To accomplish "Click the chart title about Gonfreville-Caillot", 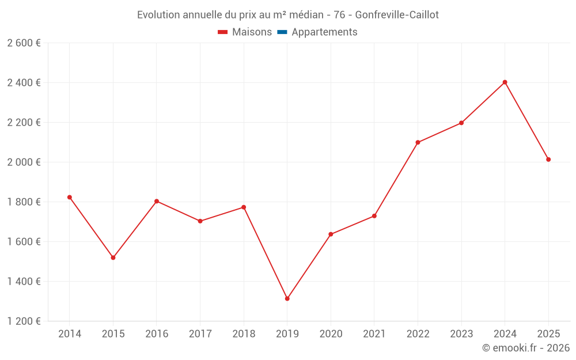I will [x=287, y=14].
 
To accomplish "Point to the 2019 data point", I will [x=287, y=298].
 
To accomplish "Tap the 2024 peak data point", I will [x=505, y=82].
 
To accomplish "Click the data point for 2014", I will [x=70, y=197].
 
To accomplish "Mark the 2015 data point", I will [x=113, y=257].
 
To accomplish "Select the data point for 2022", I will [x=418, y=142].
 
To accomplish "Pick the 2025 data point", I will [x=548, y=160].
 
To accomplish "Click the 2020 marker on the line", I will [x=331, y=234].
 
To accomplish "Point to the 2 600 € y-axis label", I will [x=24, y=43].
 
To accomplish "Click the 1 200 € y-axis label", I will [x=24, y=321].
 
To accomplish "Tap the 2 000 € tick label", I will [x=24, y=162].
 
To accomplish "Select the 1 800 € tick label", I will [x=24, y=202].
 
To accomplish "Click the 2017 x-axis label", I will [x=200, y=334].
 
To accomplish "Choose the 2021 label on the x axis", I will [x=374, y=334].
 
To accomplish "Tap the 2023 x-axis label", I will [x=461, y=334].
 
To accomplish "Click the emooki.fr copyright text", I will [x=525, y=348].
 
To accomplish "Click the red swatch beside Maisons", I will [x=223, y=32].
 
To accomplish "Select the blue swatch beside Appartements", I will [x=282, y=32].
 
